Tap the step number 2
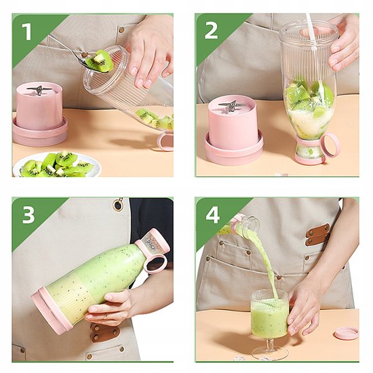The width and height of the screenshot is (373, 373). coord(212,31)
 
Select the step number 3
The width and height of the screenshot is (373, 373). coord(28,215)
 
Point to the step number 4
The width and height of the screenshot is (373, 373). coord(212,215)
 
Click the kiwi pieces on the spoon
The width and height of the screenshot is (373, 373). coord(102,61)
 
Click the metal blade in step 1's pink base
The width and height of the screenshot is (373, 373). coord(39,90)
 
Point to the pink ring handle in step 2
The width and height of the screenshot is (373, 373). coord(330,145)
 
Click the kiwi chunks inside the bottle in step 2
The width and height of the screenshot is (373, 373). coord(309,98)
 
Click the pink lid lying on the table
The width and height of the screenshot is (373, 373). coord(346,332)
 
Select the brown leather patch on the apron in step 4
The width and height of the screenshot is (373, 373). coord(317,234)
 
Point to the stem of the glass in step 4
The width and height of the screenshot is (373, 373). coord(269,345)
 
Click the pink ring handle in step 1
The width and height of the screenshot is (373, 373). coord(164,140)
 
